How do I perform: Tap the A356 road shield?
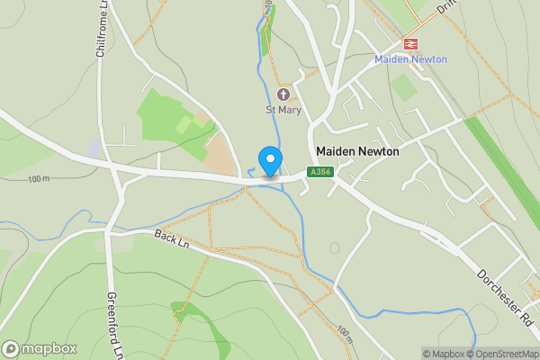tap(319, 172)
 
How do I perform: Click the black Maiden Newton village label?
tap(357, 152)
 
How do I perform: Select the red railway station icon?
tap(410, 43)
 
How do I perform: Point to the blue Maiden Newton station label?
tap(410, 59)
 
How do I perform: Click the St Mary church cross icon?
tap(283, 94)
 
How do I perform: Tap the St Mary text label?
tap(283, 110)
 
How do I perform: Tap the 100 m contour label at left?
tap(39, 179)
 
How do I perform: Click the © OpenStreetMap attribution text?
tap(506, 354)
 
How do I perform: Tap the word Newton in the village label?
tap(378, 152)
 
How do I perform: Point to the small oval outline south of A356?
tap(335, 247)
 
